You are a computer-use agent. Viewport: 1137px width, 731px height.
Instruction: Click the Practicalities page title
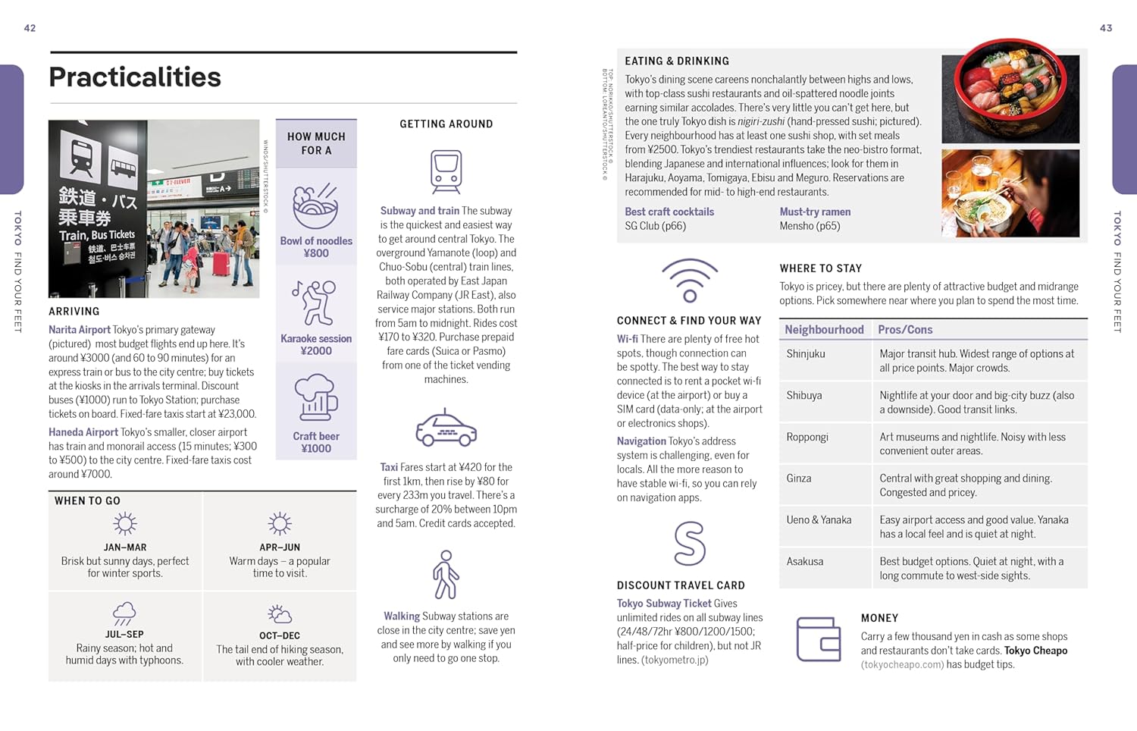135,77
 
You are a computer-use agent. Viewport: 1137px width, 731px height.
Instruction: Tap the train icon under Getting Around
446,171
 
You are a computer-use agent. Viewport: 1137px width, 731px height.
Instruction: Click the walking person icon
446,575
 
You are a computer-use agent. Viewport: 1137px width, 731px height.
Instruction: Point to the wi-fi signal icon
689,281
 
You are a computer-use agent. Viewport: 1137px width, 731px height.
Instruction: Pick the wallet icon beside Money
819,638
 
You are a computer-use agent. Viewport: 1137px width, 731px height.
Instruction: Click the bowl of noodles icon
315,206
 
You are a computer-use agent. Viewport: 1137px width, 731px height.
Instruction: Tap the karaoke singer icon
315,303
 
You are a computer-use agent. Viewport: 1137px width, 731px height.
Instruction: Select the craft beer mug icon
315,397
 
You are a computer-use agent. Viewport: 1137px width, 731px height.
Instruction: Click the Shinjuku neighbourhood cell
806,354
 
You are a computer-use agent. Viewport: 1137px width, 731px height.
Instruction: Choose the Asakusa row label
804,562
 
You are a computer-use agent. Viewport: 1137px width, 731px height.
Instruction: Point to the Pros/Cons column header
905,330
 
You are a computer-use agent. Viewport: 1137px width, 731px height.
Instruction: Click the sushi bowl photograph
1010,92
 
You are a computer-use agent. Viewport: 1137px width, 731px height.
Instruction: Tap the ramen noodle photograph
1010,193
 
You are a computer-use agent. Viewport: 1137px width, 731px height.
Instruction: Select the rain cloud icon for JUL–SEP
124,613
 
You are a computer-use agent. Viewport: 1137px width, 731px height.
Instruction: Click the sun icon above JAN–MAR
124,524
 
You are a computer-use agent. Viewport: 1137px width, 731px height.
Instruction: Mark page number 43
1106,28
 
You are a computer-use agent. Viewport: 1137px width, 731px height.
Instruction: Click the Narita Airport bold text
80,330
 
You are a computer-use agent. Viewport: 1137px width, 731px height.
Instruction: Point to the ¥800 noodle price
316,253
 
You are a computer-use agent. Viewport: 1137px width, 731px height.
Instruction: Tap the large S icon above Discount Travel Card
689,543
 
